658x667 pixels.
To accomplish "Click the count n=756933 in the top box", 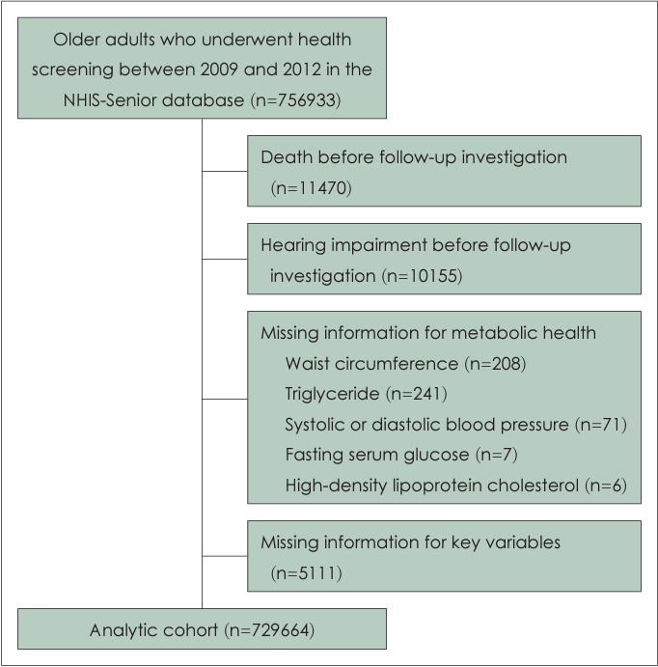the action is (x=296, y=100).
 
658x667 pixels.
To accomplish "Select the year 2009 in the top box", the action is (x=219, y=69).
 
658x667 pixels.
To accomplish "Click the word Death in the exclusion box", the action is (x=287, y=157).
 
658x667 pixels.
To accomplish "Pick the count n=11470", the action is (x=312, y=188).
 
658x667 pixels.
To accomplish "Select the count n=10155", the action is (x=422, y=276).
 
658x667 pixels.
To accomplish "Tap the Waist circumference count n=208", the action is (x=495, y=364).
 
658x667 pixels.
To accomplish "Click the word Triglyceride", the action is (x=332, y=395).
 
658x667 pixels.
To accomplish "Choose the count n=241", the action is (x=417, y=394).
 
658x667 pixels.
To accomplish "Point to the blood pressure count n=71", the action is (x=601, y=425).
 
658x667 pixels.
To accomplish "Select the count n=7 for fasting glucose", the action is (x=497, y=455).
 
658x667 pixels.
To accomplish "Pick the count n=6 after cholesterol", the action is (x=606, y=486).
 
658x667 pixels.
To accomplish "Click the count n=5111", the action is (x=307, y=573).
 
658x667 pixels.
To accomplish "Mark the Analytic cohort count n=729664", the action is (x=270, y=630).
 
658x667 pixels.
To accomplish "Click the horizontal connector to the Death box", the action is (x=225, y=172).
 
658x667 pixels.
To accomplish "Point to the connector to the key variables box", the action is (x=225, y=556).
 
